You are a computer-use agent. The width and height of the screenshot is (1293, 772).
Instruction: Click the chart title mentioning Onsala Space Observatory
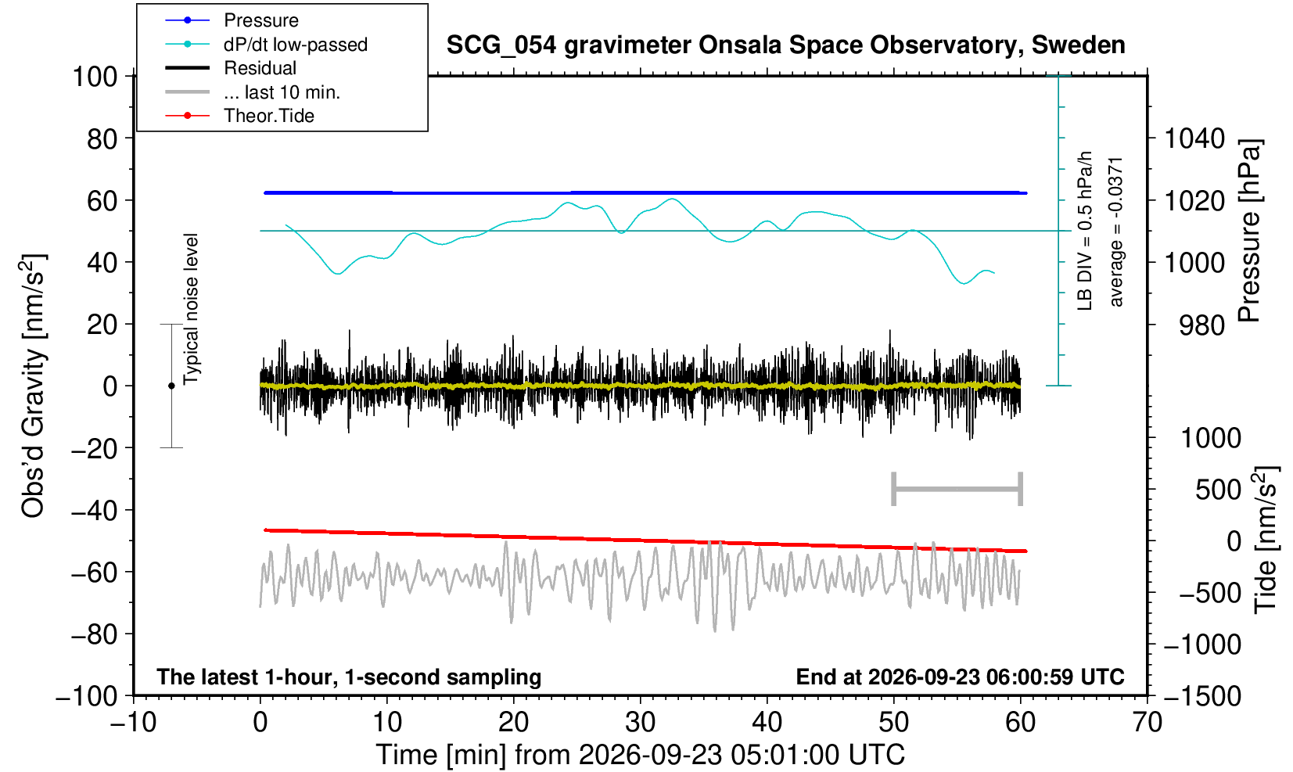coord(785,45)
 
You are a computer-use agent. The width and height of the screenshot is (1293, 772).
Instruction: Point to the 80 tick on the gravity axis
coord(102,138)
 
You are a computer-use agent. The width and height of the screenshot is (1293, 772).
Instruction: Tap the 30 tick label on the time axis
coord(640,722)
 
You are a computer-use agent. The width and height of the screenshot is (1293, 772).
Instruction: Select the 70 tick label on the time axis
coord(1147,722)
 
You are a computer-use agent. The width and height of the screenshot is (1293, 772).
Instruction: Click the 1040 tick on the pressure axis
coord(1194,138)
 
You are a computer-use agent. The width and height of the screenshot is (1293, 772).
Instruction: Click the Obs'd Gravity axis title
coord(33,386)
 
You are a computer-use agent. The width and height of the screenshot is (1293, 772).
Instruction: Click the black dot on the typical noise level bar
coord(171,386)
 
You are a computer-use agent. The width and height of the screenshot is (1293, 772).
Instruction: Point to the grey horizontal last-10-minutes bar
coord(957,489)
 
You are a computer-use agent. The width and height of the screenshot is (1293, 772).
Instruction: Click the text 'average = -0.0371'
coord(1115,231)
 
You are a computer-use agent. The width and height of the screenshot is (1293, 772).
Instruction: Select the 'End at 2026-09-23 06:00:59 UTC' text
coord(960,677)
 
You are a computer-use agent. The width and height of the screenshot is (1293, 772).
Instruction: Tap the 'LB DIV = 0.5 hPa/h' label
coord(1085,231)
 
